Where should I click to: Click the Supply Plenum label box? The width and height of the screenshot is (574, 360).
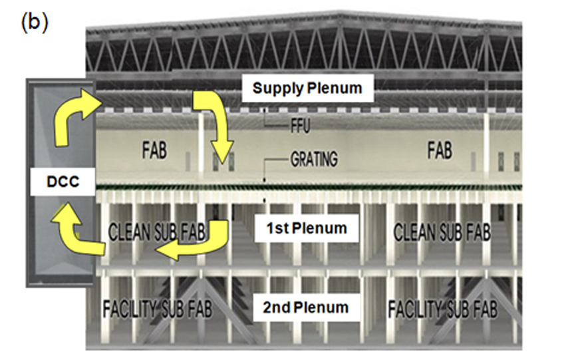pyautogui.click(x=307, y=88)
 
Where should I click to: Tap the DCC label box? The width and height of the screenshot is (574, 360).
pyautogui.click(x=63, y=182)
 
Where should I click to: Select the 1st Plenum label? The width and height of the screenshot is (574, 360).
pyautogui.click(x=307, y=228)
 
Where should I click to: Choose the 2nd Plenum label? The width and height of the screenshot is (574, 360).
pyautogui.click(x=306, y=307)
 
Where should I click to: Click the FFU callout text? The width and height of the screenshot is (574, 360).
pyautogui.click(x=300, y=126)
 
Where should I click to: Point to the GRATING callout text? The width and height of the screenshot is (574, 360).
pyautogui.click(x=314, y=159)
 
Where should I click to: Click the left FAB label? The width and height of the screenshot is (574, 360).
pyautogui.click(x=154, y=150)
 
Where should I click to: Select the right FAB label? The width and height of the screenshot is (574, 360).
pyautogui.click(x=440, y=150)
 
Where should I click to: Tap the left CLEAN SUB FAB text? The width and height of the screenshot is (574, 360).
pyautogui.click(x=157, y=232)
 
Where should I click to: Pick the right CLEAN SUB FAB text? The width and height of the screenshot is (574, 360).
pyautogui.click(x=442, y=232)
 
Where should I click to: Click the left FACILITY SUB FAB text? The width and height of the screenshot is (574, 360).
pyautogui.click(x=158, y=309)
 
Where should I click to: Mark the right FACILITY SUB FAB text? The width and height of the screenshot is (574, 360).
pyautogui.click(x=442, y=309)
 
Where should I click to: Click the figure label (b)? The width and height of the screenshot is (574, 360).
pyautogui.click(x=35, y=23)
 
